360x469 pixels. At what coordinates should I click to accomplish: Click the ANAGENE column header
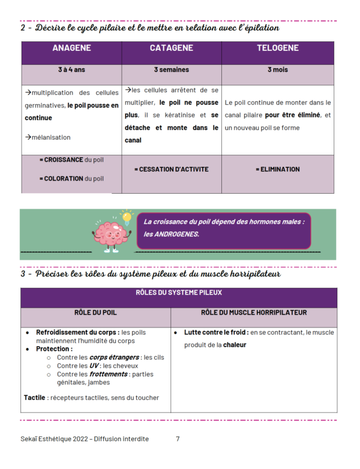pyautogui.click(x=71, y=49)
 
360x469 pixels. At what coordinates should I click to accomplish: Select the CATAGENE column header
pyautogui.click(x=171, y=49)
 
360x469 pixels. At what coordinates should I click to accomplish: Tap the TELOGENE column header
pyautogui.click(x=277, y=49)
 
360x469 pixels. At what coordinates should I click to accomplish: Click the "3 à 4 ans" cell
pyautogui.click(x=71, y=70)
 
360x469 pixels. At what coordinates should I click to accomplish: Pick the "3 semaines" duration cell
pyautogui.click(x=171, y=70)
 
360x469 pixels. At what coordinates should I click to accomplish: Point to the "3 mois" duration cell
pyautogui.click(x=277, y=70)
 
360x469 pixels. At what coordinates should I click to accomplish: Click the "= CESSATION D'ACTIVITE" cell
pyautogui.click(x=171, y=169)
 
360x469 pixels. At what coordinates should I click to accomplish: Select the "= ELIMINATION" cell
pyautogui.click(x=277, y=169)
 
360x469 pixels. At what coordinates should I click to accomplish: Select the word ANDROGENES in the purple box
pyautogui.click(x=178, y=234)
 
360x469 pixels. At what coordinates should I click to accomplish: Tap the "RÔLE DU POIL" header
pyautogui.click(x=95, y=312)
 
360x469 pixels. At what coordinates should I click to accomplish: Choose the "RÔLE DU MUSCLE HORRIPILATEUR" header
pyautogui.click(x=254, y=312)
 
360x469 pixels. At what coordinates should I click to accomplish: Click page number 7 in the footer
pyautogui.click(x=178, y=439)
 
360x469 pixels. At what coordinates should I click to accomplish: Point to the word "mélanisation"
pyautogui.click(x=50, y=137)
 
